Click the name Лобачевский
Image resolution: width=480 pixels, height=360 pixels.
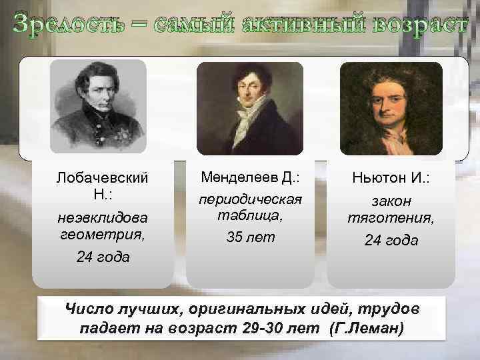click(103, 179)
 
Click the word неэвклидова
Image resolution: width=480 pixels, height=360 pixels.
click(103, 217)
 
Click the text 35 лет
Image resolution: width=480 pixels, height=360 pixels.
click(249, 238)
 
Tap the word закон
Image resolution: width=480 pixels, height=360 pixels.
click(391, 201)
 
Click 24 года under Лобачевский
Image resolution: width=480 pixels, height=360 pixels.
click(103, 257)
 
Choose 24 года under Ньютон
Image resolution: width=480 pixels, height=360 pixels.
click(391, 240)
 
